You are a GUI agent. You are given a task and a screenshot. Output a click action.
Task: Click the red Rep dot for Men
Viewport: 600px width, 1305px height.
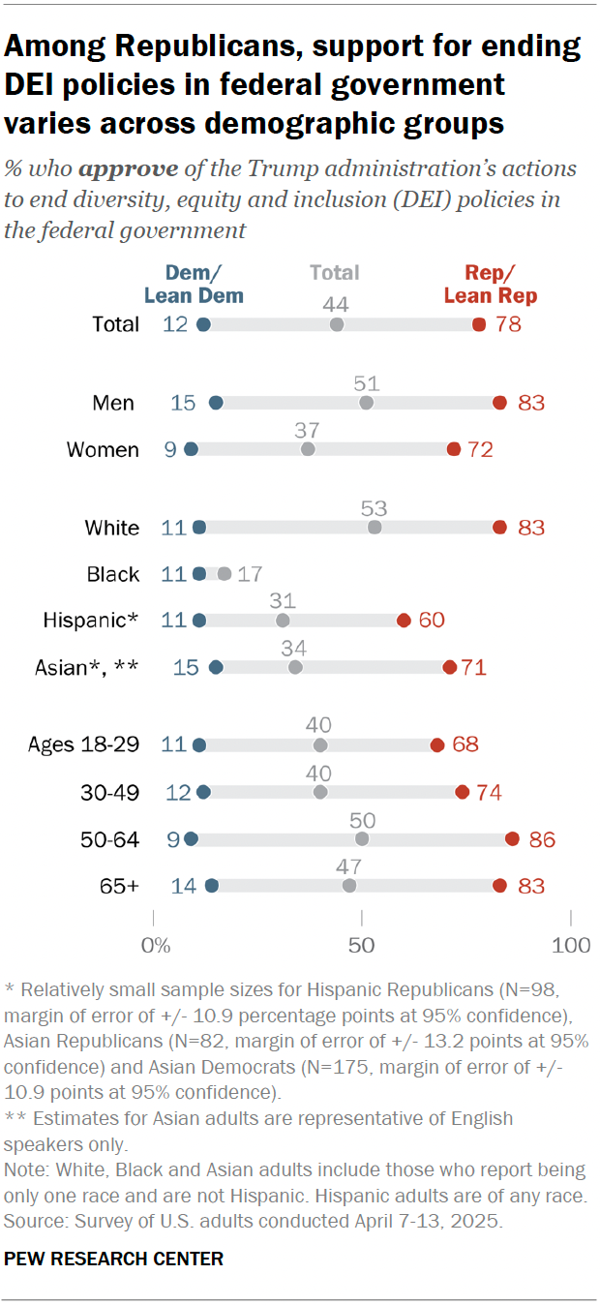tap(499, 403)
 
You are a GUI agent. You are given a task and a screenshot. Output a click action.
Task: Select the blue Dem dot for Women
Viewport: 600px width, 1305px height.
tap(191, 449)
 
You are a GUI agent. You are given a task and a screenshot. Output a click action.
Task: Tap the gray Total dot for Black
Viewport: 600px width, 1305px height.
tap(225, 574)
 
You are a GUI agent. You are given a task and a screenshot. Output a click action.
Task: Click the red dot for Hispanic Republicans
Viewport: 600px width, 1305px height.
tap(404, 621)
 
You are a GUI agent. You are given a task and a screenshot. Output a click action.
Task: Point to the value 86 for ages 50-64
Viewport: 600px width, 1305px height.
tap(542, 839)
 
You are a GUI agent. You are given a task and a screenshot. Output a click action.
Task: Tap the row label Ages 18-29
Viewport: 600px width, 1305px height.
tap(83, 745)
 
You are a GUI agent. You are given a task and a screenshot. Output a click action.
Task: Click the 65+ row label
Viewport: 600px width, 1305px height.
tap(119, 886)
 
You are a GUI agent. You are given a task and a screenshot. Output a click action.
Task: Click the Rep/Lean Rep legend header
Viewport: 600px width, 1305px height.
tap(491, 284)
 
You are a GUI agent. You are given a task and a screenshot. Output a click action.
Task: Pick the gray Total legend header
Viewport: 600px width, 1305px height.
tap(335, 273)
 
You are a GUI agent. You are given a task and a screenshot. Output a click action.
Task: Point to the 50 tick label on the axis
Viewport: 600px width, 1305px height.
tap(361, 945)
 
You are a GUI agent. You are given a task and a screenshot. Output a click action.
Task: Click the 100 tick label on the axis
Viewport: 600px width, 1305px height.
tap(570, 945)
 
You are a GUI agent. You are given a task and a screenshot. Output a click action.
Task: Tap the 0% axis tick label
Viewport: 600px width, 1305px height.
tap(155, 945)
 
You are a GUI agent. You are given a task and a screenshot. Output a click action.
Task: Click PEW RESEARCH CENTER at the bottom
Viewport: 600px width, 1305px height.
tap(114, 1259)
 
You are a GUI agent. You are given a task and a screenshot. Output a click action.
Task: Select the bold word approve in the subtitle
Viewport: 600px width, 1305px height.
tap(128, 168)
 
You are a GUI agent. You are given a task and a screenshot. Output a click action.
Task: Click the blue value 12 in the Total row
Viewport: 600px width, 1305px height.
tap(174, 324)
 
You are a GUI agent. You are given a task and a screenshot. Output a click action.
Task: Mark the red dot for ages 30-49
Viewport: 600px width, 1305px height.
tap(462, 792)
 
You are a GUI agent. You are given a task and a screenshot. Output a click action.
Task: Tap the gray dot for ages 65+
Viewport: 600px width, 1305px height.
tap(349, 886)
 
